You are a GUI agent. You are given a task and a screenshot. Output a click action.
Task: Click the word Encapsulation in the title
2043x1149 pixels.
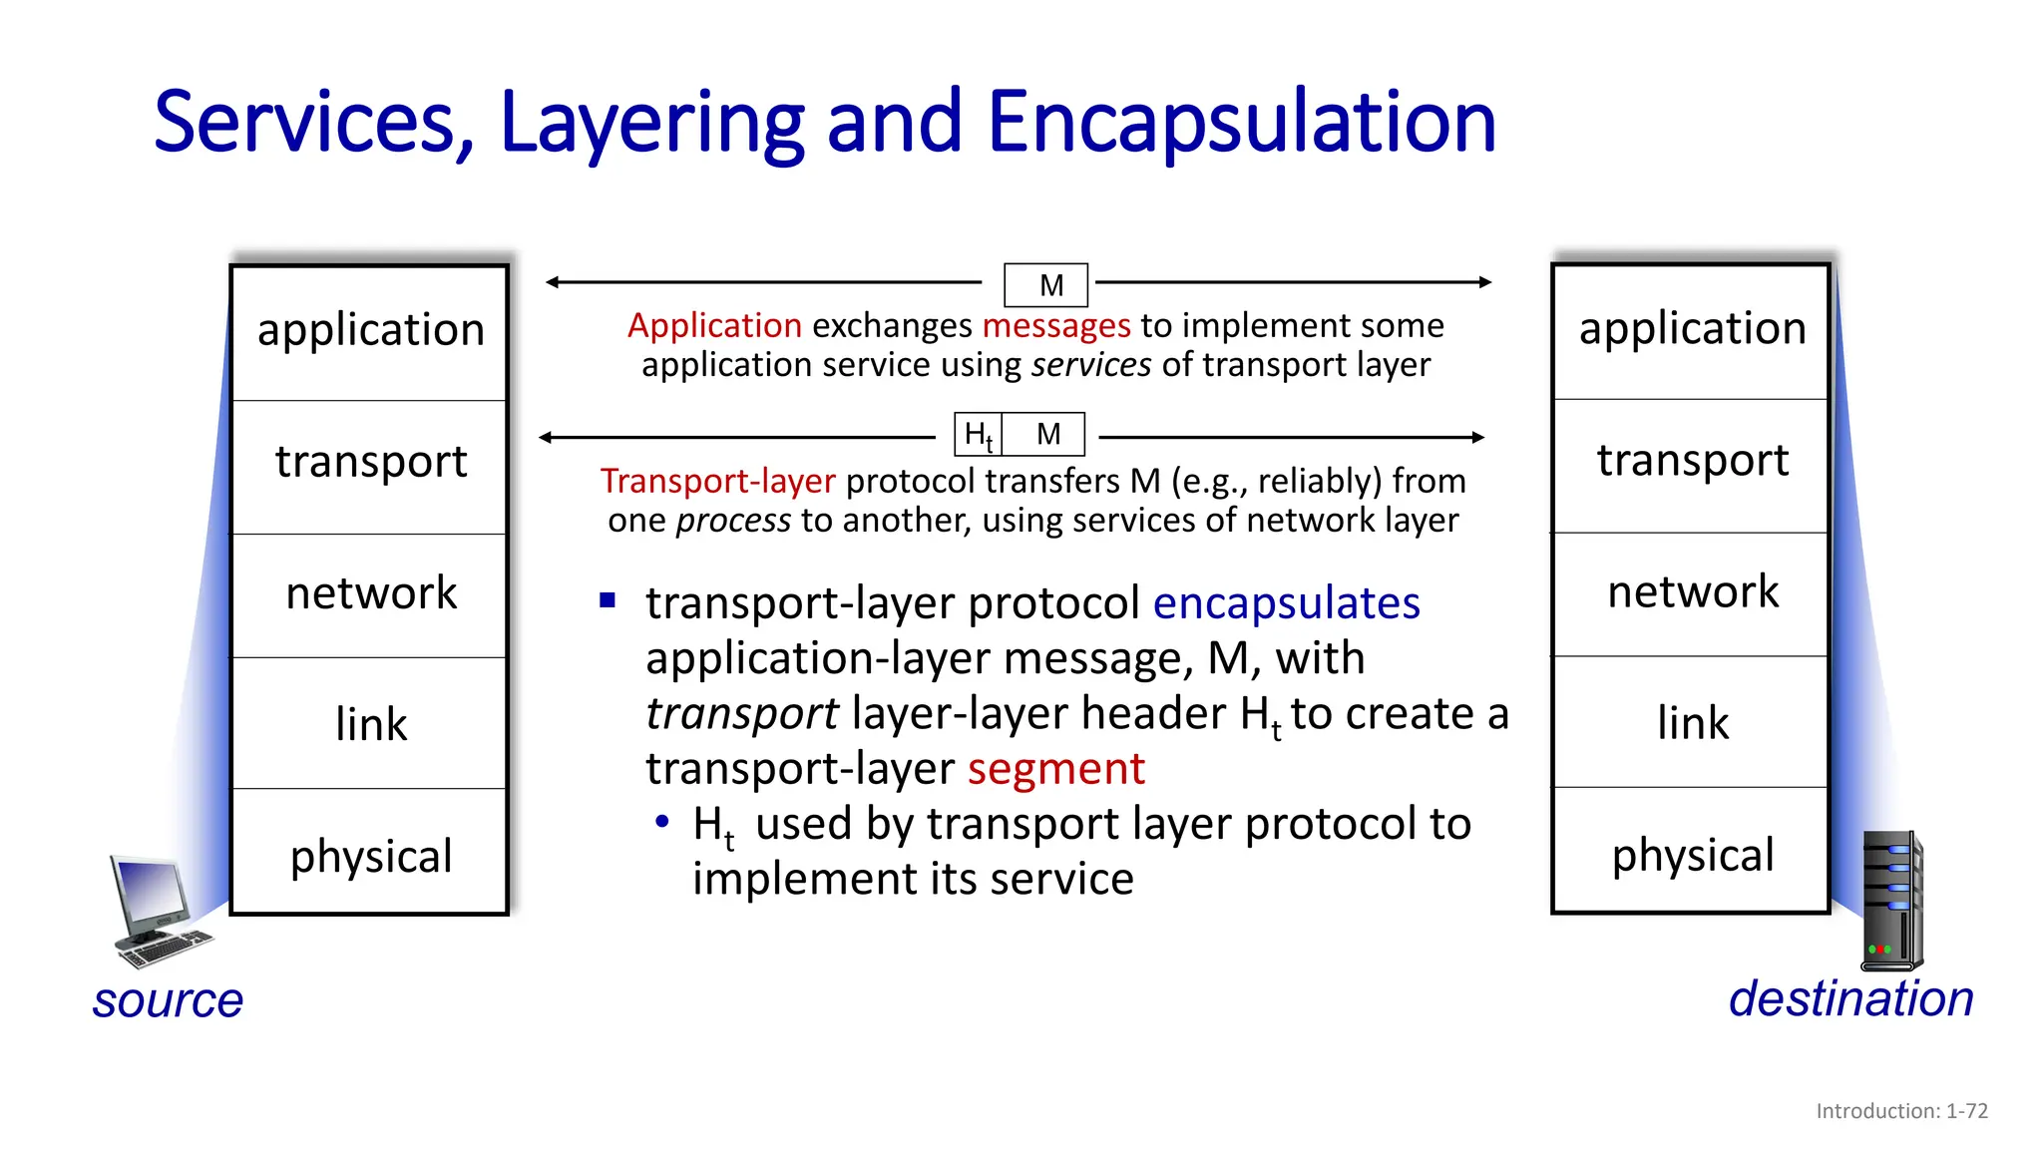pos(1241,123)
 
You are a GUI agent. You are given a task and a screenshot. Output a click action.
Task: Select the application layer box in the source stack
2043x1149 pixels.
pos(370,331)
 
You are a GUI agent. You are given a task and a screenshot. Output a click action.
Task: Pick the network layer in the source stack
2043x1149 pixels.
pos(370,594)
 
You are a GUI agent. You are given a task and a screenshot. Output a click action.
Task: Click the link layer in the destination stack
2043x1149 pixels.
pos(1692,723)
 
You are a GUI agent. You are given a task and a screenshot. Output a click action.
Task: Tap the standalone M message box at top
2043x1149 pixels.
pos(1045,285)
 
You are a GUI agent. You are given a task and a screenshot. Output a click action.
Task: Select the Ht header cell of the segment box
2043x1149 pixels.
pos(978,435)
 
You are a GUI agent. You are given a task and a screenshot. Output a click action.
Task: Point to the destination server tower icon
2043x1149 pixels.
pos(1891,902)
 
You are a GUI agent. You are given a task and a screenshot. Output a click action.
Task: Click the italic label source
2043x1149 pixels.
pos(168,1000)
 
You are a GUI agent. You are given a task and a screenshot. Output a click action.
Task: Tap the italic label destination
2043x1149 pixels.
pos(1850,999)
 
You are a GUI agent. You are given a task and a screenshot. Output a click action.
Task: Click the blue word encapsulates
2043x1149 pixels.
pos(1286,603)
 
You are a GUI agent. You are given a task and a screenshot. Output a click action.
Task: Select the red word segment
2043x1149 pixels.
pos(1055,769)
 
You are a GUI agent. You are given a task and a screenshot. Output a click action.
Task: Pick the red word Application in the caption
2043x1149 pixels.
pos(714,326)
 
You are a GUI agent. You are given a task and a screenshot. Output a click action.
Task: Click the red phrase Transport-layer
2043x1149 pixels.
pos(717,482)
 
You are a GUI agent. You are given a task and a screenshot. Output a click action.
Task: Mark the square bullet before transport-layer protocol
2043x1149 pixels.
pos(608,600)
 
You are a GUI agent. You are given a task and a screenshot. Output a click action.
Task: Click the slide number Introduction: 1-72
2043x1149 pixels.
pos(1901,1111)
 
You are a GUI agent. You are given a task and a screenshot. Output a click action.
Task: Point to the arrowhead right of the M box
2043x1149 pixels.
pos(1484,282)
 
